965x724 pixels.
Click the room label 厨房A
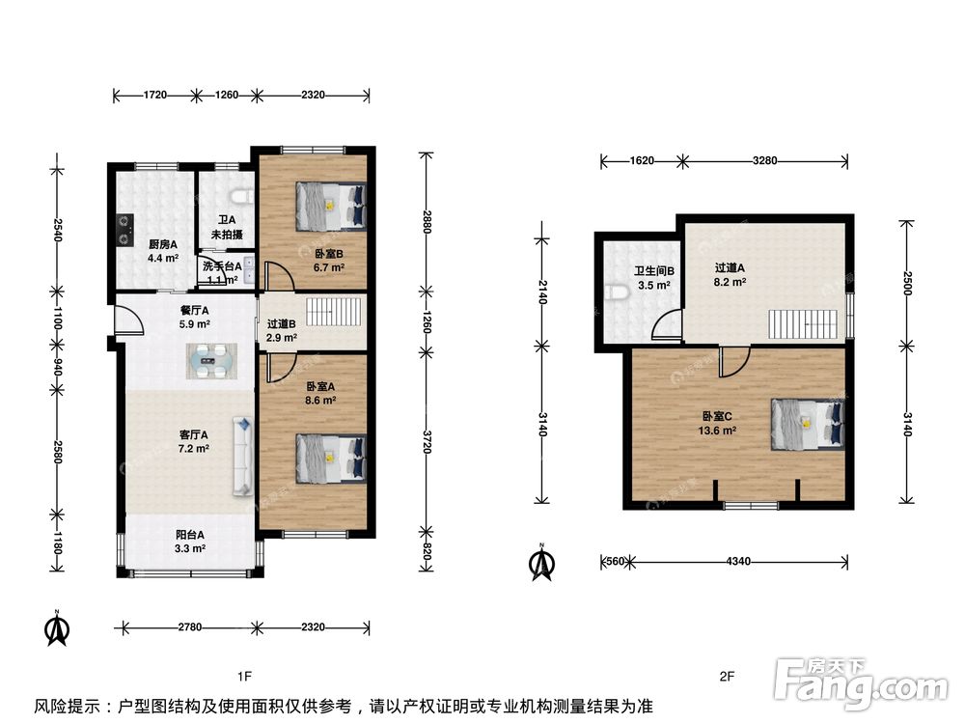[163, 244]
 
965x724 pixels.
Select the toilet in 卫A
[241, 196]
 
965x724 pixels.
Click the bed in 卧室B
[331, 205]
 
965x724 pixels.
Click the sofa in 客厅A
[243, 457]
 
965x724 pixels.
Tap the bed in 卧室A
[331, 459]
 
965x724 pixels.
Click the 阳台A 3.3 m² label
[190, 542]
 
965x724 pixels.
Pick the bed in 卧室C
[807, 424]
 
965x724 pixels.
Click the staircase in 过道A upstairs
[803, 323]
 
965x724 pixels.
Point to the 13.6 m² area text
[717, 431]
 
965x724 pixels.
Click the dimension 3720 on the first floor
[427, 441]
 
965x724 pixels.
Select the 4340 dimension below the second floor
[738, 562]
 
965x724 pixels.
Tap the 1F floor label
[244, 677]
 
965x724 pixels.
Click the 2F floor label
[727, 677]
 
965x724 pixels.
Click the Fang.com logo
[862, 683]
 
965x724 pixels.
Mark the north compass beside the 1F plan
[57, 629]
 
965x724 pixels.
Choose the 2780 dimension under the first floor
[189, 627]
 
